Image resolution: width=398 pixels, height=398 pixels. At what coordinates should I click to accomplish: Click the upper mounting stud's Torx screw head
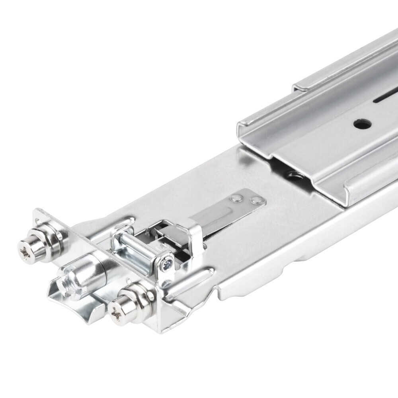(26, 249)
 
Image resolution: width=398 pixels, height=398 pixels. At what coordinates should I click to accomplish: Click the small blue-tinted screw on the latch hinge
(168, 263)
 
